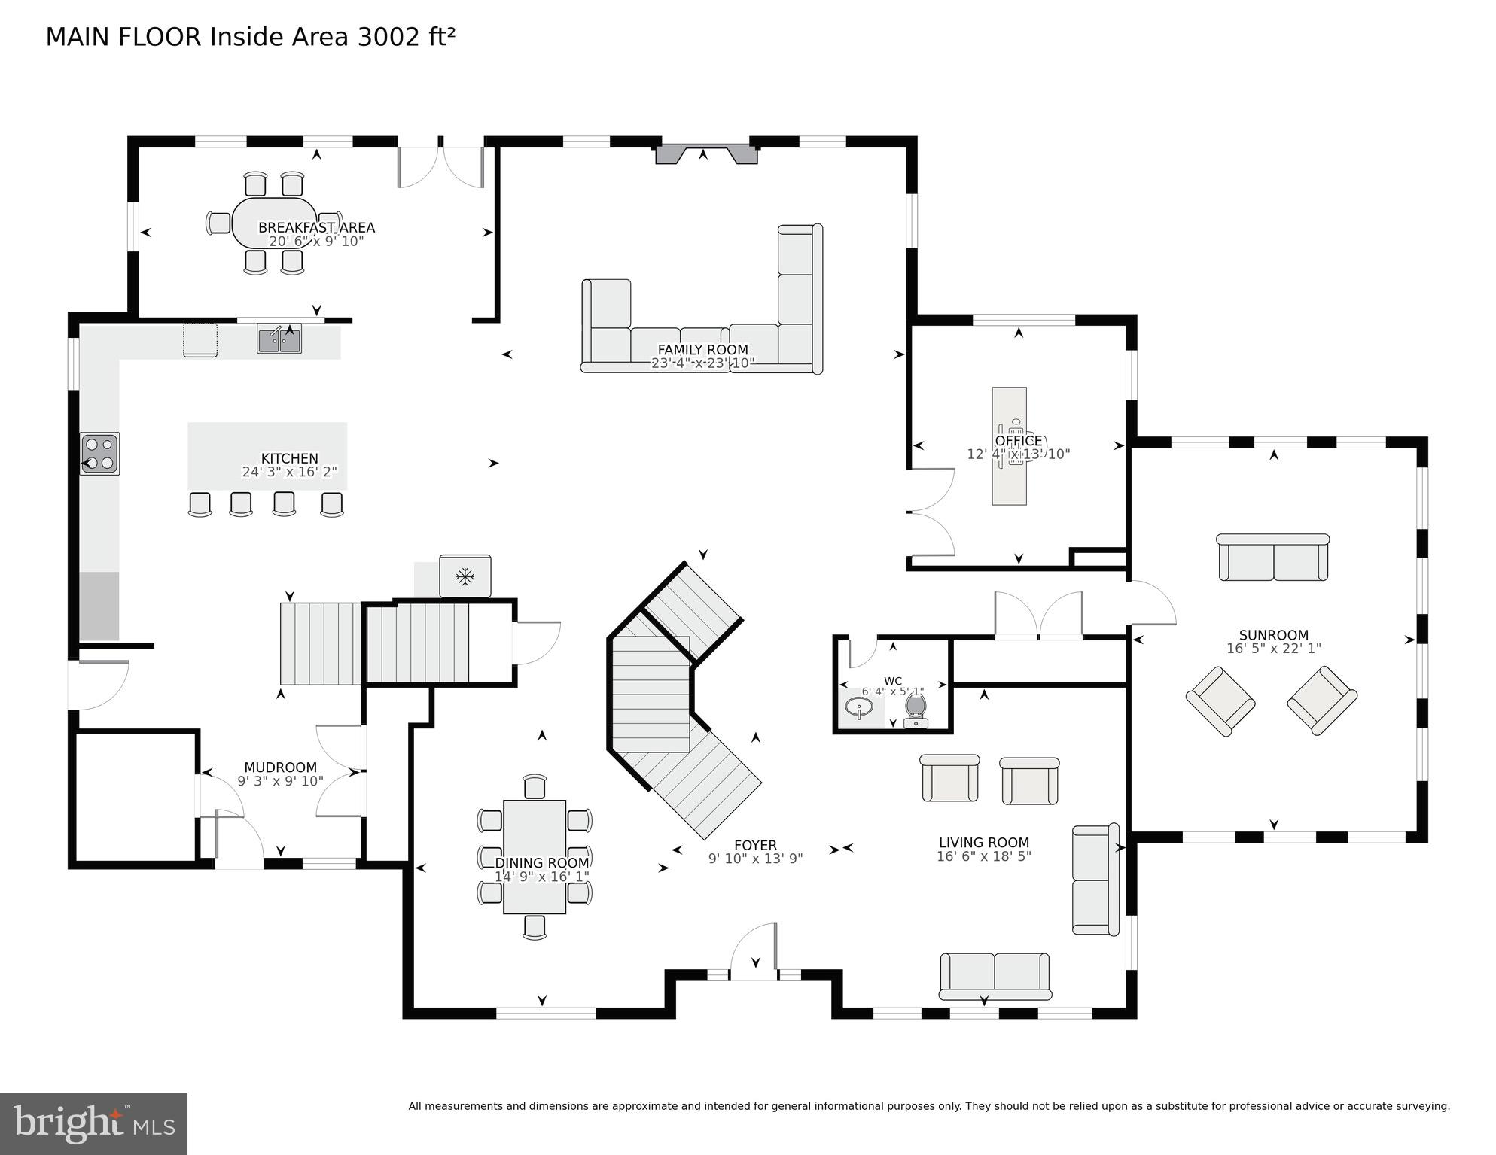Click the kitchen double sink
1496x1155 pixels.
coord(279,340)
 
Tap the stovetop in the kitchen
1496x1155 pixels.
coord(99,454)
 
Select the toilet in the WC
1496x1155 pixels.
coord(916,709)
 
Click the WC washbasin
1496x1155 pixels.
coord(858,708)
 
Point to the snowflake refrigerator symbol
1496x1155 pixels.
coord(465,577)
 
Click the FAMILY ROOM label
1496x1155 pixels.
coord(702,350)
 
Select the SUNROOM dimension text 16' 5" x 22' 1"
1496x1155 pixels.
coord(1273,649)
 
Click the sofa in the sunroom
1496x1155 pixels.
coord(1272,558)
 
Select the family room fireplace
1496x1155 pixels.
coord(705,154)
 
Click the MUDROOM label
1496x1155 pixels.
coord(280,767)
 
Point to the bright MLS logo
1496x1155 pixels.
coord(93,1124)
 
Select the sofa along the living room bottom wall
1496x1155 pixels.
coord(995,977)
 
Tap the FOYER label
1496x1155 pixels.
coord(755,846)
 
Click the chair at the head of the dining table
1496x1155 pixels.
coord(535,786)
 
